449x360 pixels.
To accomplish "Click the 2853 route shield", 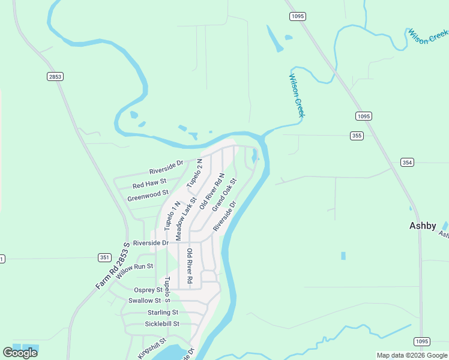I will click(55, 76).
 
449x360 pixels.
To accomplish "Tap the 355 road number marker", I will click(357, 136).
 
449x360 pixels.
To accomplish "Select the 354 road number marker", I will click(408, 163).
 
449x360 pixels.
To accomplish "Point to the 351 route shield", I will click(104, 257).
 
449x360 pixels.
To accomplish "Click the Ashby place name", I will click(423, 226).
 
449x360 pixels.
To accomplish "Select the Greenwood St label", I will click(148, 196).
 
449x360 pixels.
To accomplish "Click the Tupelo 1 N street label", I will click(170, 216).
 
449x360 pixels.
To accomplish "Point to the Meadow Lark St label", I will click(186, 219).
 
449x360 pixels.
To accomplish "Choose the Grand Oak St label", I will click(224, 194).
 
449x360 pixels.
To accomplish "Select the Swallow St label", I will click(145, 301).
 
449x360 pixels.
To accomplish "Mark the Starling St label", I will click(163, 313).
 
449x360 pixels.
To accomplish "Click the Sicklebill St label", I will click(162, 324).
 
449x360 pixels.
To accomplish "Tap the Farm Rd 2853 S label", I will click(113, 266).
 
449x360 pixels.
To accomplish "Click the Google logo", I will click(20, 353).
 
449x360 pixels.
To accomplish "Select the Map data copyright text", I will click(412, 355).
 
